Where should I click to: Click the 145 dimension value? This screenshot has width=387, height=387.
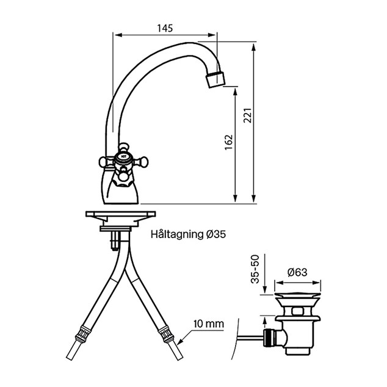(x=165, y=28)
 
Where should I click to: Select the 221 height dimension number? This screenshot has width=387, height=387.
(x=248, y=115)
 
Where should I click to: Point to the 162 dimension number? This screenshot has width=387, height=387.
(x=229, y=142)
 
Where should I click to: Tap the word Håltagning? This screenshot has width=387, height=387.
(x=177, y=234)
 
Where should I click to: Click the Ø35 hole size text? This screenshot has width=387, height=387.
(x=215, y=234)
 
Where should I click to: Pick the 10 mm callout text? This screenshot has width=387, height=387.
(x=209, y=324)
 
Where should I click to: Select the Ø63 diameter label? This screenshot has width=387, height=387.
(x=297, y=272)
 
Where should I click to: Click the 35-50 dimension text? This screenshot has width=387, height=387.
(x=255, y=269)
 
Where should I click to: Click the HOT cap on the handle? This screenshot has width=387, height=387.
(x=123, y=156)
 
